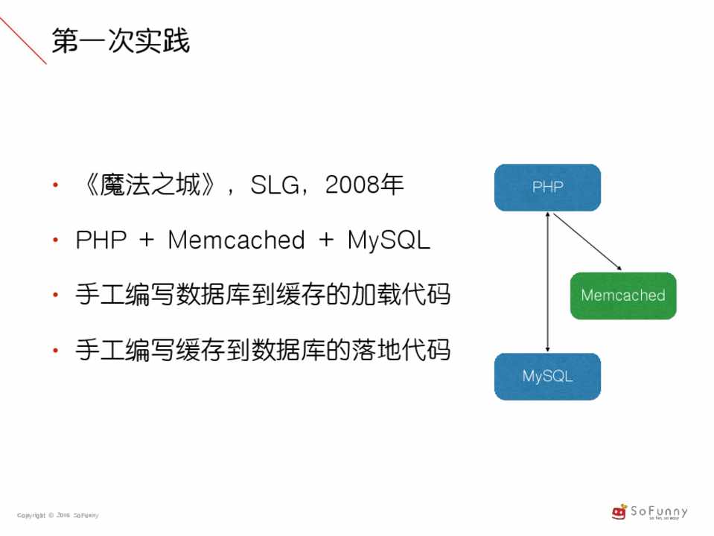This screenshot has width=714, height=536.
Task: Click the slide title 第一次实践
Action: pos(121,42)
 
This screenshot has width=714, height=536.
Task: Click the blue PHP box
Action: pos(547,188)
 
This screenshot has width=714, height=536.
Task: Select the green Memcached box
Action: pos(623,296)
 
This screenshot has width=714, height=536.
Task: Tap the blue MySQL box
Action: pos(547,377)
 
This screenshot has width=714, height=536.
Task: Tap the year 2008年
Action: pos(364,185)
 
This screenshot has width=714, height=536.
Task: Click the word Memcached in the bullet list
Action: pos(236,240)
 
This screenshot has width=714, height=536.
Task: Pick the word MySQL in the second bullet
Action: pos(389,240)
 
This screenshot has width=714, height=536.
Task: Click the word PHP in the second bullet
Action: pos(101,240)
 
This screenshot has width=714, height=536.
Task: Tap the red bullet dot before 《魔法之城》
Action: pos(55,185)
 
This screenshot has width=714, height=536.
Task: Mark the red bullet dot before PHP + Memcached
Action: pos(55,240)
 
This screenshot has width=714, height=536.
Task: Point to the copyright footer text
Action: pos(58,515)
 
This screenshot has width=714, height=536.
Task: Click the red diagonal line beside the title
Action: pos(22,39)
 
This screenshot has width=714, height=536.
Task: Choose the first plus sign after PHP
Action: pos(147,241)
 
